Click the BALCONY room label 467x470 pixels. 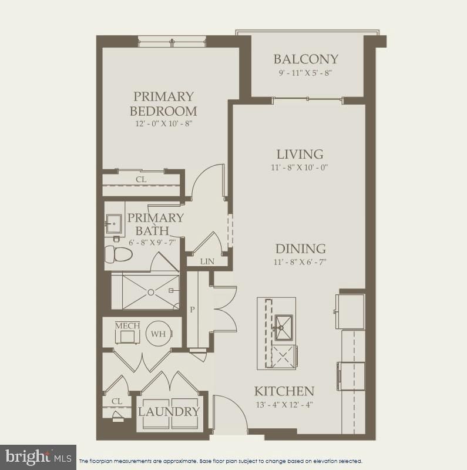pyautogui.click(x=306, y=59)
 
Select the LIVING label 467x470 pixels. pyautogui.click(x=300, y=155)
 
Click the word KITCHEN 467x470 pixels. pyautogui.click(x=284, y=391)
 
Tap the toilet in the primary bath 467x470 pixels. pyautogui.click(x=117, y=254)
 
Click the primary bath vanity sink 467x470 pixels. pyautogui.click(x=113, y=223)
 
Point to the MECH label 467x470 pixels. pyautogui.click(x=125, y=325)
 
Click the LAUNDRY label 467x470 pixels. pyautogui.click(x=169, y=411)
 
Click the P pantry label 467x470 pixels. pyautogui.click(x=191, y=309)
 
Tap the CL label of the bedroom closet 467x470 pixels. pyautogui.click(x=141, y=179)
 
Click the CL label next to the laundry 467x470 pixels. pyautogui.click(x=116, y=401)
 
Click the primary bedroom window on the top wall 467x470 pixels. pyautogui.click(x=172, y=42)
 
